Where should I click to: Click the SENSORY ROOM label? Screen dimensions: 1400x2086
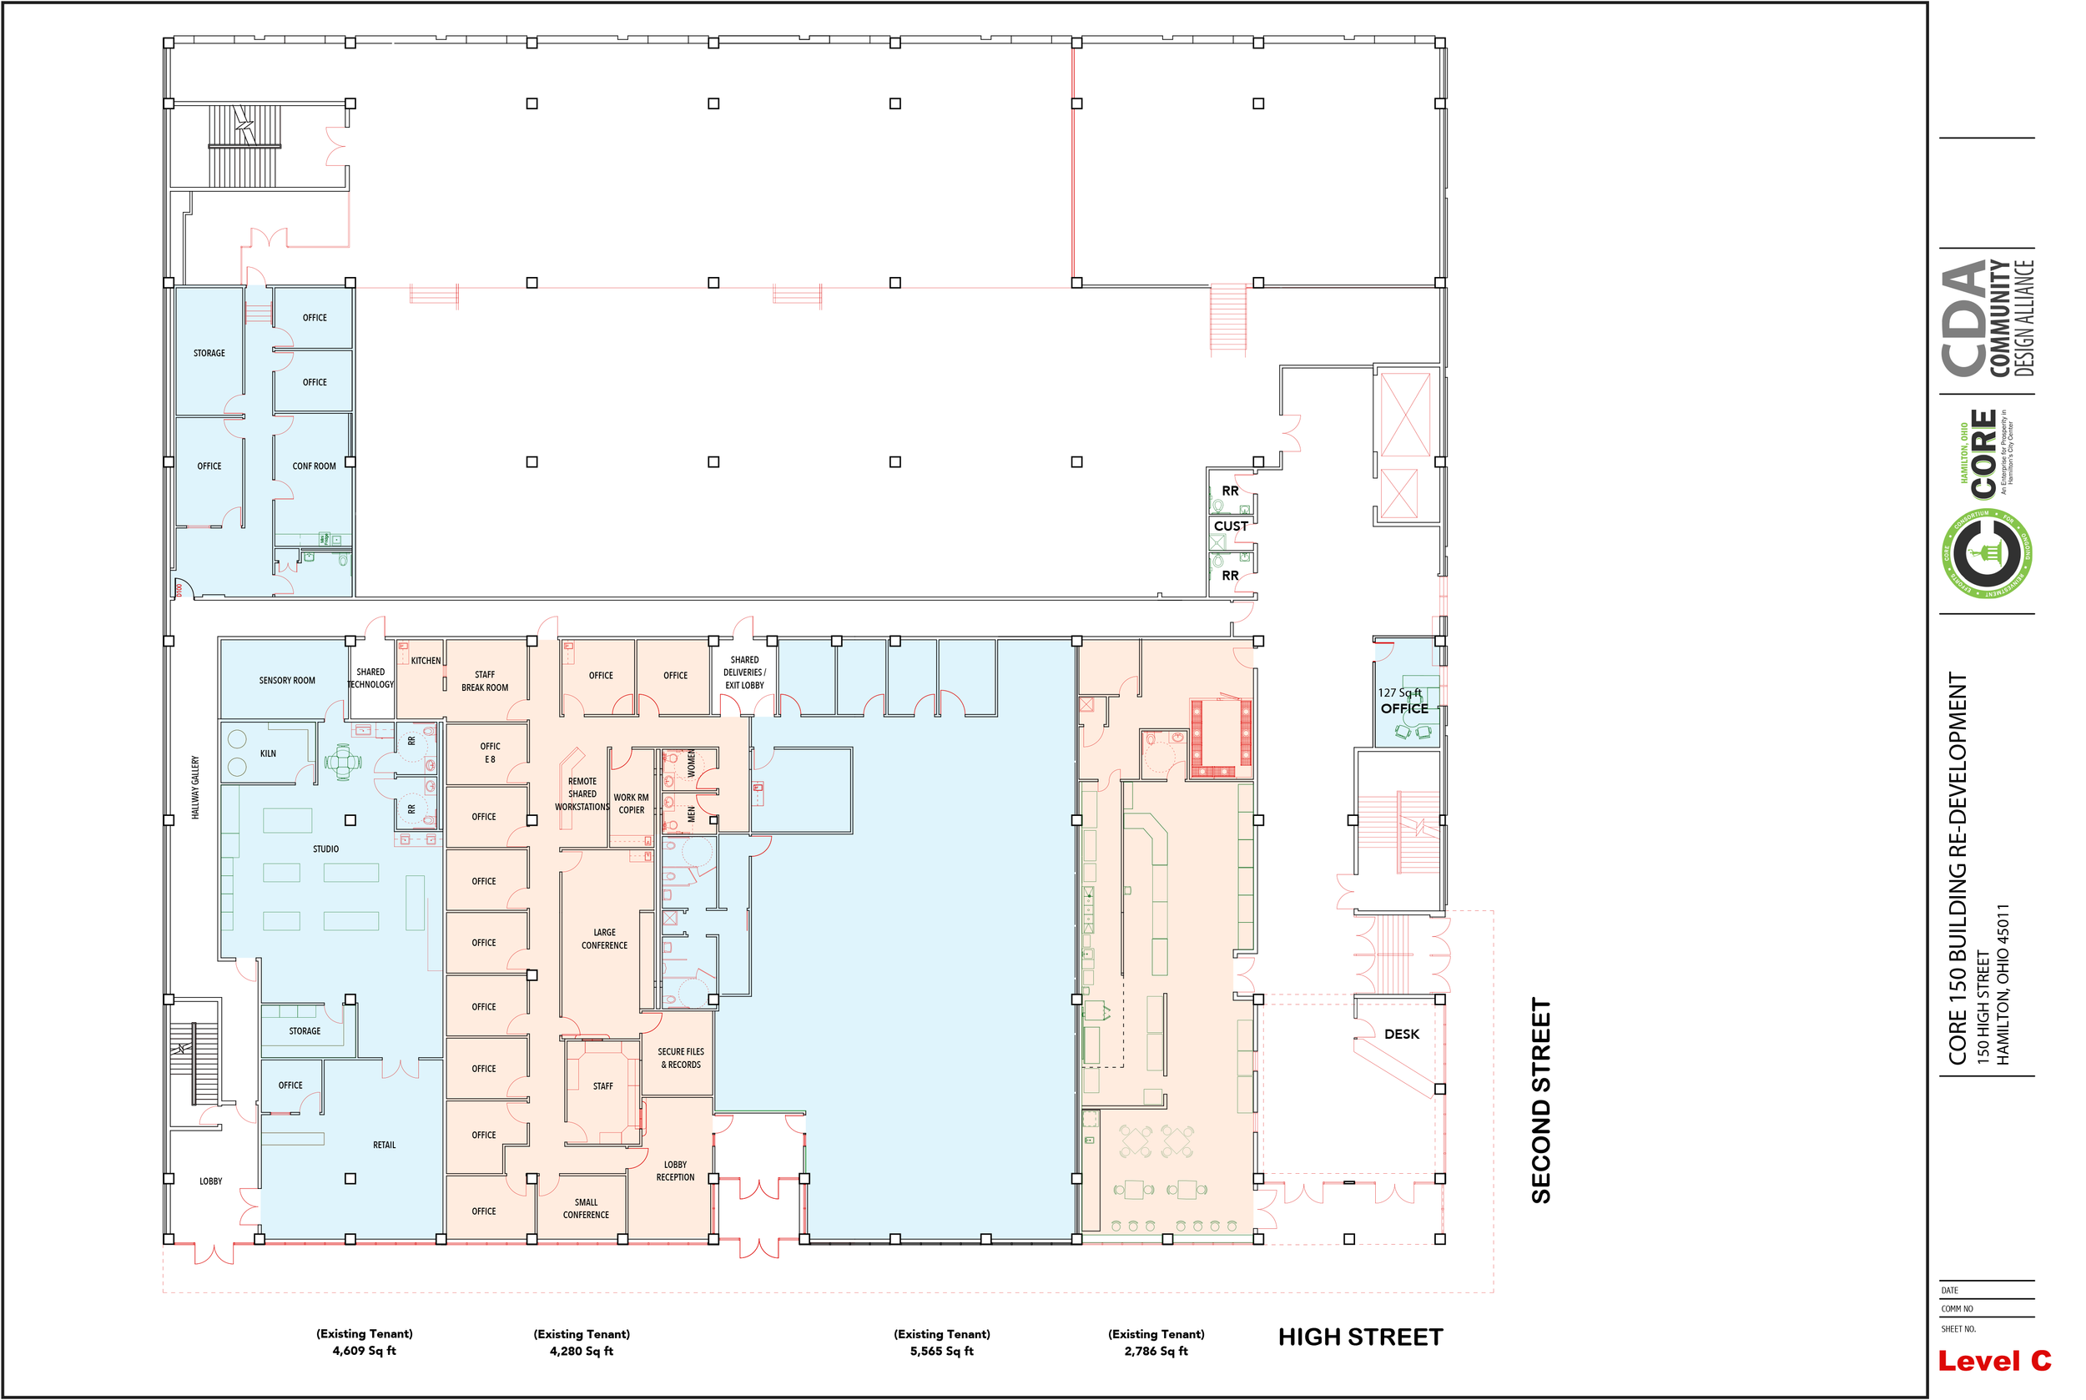[287, 680]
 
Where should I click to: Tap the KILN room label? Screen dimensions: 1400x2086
[268, 753]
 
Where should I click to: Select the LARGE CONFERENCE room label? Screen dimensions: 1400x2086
[605, 939]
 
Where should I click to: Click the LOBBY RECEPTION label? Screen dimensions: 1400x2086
[675, 1171]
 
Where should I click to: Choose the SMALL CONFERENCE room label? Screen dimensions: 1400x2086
[586, 1208]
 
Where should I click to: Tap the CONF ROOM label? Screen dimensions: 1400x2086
[315, 466]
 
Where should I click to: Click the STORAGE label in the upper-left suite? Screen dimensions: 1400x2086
[209, 353]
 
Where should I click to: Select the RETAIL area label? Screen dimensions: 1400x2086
[384, 1145]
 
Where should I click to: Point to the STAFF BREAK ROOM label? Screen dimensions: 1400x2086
[485, 682]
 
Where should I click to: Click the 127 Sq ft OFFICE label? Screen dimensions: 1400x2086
[1403, 701]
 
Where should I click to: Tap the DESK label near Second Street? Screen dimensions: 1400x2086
[1401, 1034]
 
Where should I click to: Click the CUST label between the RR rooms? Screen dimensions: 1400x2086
[1231, 526]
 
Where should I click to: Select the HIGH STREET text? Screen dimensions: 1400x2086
[1360, 1337]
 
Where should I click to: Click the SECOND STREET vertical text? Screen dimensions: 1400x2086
[1541, 1100]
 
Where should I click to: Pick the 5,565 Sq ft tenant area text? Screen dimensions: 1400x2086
[941, 1351]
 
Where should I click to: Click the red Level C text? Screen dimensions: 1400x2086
[1994, 1361]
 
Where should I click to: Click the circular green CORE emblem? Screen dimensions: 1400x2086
[1988, 553]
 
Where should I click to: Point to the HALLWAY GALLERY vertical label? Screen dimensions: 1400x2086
[195, 788]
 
